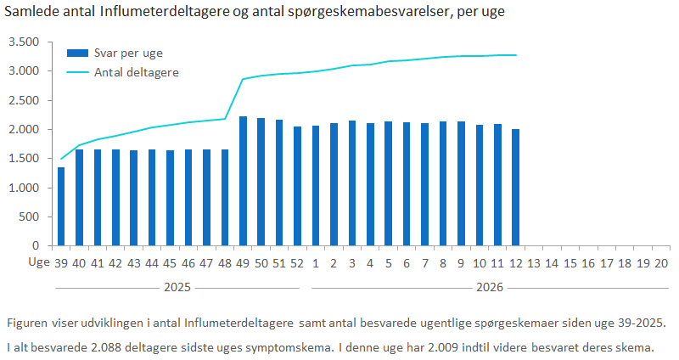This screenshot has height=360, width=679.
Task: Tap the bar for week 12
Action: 515,187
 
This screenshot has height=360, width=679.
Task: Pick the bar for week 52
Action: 297,186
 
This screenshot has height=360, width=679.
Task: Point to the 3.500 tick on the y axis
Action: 24,42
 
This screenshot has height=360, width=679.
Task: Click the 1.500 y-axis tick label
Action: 24,159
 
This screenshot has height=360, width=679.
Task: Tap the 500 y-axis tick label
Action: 30,217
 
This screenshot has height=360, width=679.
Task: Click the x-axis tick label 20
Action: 661,262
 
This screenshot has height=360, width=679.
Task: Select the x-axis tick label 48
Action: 225,262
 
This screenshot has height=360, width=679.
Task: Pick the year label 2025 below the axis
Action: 177,288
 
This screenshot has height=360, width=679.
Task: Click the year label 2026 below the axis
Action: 489,288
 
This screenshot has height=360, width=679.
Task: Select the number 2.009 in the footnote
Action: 464,347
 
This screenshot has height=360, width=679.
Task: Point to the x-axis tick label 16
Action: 588,262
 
